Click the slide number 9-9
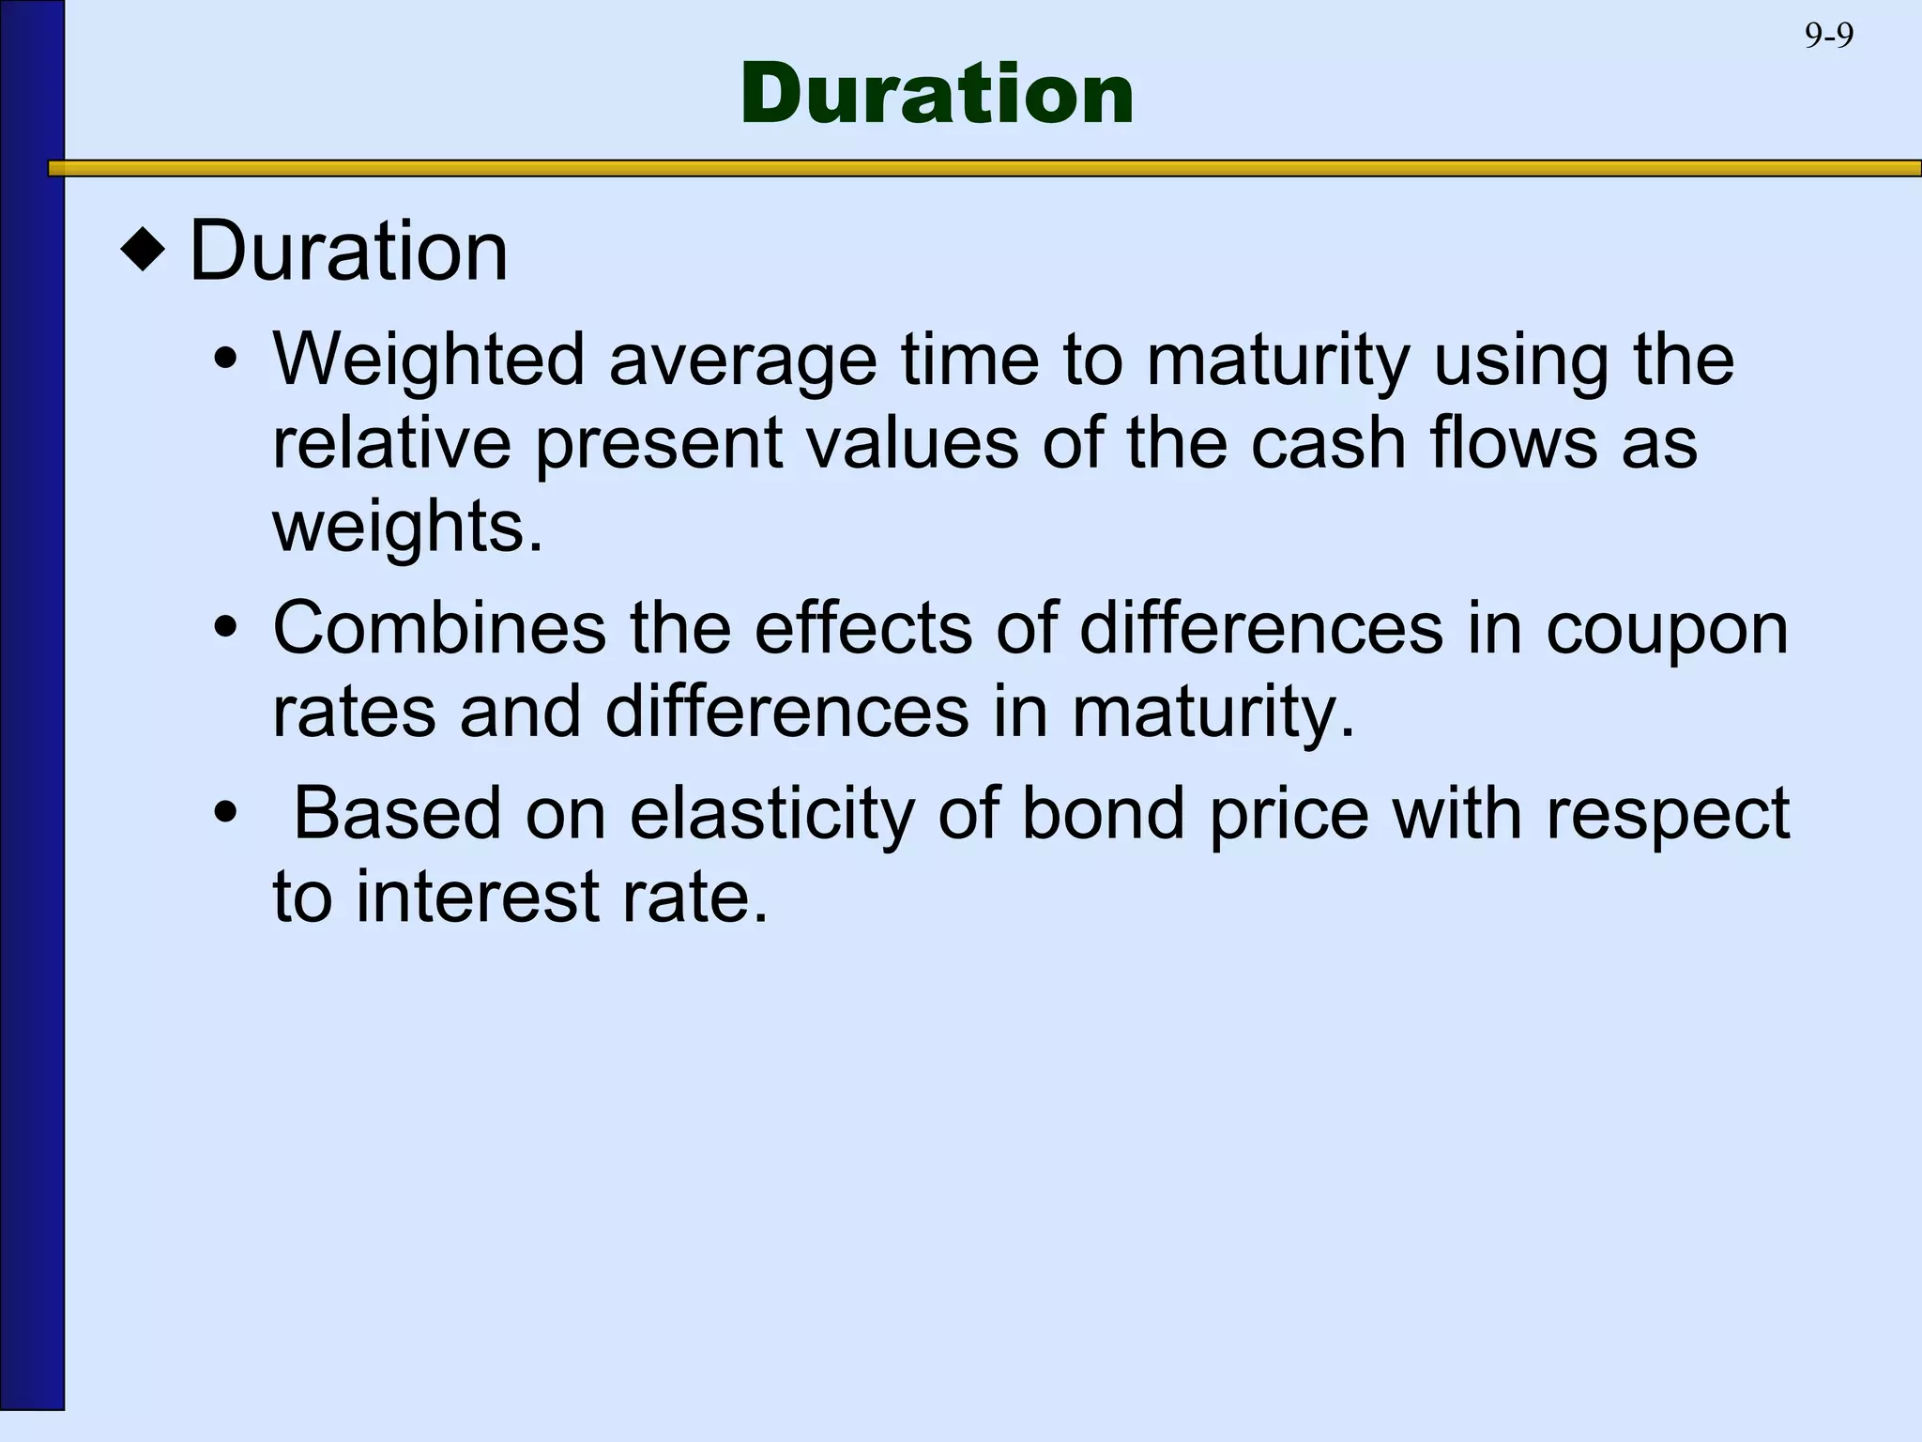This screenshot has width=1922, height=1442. coord(1828,36)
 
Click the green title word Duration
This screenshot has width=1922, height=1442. coord(937,94)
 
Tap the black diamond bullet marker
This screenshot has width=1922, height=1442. coord(143,252)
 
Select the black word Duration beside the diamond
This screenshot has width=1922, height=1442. coord(348,251)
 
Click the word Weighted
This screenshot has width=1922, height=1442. coord(428,360)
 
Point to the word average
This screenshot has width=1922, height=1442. coord(742,360)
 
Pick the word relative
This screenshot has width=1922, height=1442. coord(391,442)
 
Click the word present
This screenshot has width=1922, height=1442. coord(659,444)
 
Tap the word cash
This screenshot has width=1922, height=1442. coord(1329,442)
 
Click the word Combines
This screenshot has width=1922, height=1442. coord(438,628)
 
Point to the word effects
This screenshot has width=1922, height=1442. coord(863,628)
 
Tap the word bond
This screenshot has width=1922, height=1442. coord(1103,814)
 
